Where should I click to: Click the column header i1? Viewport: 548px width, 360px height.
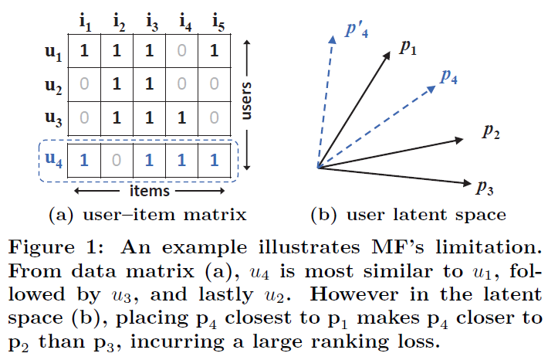84,22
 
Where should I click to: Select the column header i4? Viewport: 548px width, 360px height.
183,22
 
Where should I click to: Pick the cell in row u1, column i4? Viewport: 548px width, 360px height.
183,53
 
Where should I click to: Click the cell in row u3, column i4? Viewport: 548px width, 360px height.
183,119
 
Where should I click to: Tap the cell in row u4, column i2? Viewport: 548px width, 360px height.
117,161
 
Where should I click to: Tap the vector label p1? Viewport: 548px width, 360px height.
408,49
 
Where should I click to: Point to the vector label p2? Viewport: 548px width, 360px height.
491,131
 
